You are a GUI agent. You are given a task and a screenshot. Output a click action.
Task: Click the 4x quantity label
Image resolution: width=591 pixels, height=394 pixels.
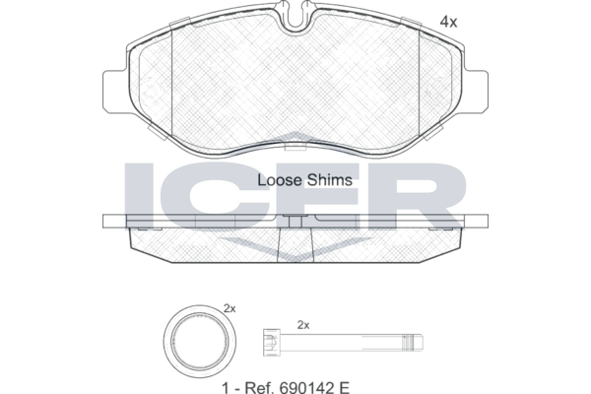[x=448, y=23]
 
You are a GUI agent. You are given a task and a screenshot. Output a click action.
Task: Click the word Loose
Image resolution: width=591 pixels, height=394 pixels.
[x=280, y=180]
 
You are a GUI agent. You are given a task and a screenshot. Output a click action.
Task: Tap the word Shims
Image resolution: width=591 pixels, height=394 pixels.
[x=329, y=180]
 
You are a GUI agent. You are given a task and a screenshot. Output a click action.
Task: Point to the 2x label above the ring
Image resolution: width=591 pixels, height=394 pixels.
[x=230, y=308]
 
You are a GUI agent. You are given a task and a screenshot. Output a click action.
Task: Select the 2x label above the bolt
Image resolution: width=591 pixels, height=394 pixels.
[x=303, y=325]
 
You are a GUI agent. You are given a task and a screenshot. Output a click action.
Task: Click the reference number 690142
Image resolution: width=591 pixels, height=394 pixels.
[x=306, y=387]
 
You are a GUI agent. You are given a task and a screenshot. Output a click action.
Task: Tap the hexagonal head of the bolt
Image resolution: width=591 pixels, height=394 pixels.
[x=272, y=343]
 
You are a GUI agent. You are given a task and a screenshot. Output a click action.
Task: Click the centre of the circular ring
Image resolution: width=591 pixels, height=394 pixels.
[x=200, y=341]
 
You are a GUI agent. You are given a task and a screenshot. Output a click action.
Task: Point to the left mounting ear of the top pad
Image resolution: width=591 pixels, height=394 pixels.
[x=114, y=92]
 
